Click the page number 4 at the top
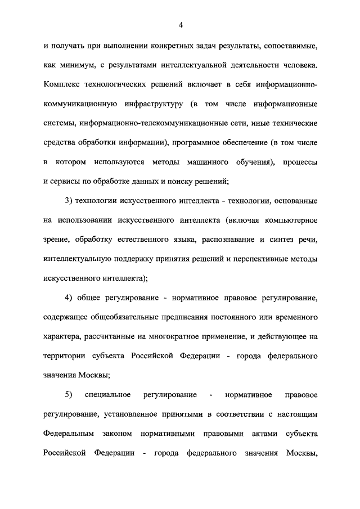(181, 25)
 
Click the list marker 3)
(71, 201)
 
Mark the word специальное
(108, 395)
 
